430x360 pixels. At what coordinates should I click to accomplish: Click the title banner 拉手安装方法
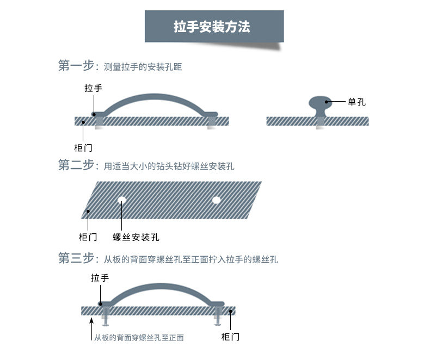(x=214, y=26)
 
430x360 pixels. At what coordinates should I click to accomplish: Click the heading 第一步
(x=76, y=66)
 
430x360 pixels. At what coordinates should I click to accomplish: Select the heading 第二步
(x=76, y=165)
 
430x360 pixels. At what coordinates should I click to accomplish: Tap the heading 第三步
(x=76, y=258)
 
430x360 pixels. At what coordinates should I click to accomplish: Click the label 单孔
(x=356, y=102)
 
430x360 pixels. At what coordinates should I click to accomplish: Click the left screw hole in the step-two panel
(x=122, y=200)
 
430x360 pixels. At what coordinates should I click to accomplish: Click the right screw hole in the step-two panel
(x=216, y=200)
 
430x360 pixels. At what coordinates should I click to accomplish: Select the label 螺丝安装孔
(x=136, y=237)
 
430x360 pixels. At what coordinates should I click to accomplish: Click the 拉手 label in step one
(x=93, y=88)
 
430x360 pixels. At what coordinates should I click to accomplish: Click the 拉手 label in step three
(x=100, y=278)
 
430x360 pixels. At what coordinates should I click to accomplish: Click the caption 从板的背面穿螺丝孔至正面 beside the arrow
(x=139, y=338)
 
